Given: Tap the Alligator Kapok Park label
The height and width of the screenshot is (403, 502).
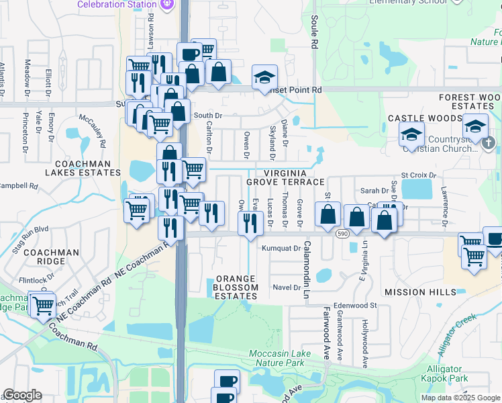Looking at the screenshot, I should (448, 374).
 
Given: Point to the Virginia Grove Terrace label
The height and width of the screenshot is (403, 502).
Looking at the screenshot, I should (285, 177).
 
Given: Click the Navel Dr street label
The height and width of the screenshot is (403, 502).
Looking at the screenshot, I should (287, 287).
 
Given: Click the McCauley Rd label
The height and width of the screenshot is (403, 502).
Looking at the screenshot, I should (93, 131).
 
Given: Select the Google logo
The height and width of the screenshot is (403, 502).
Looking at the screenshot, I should (22, 396).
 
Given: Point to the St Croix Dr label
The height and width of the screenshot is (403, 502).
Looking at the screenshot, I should (419, 175).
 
